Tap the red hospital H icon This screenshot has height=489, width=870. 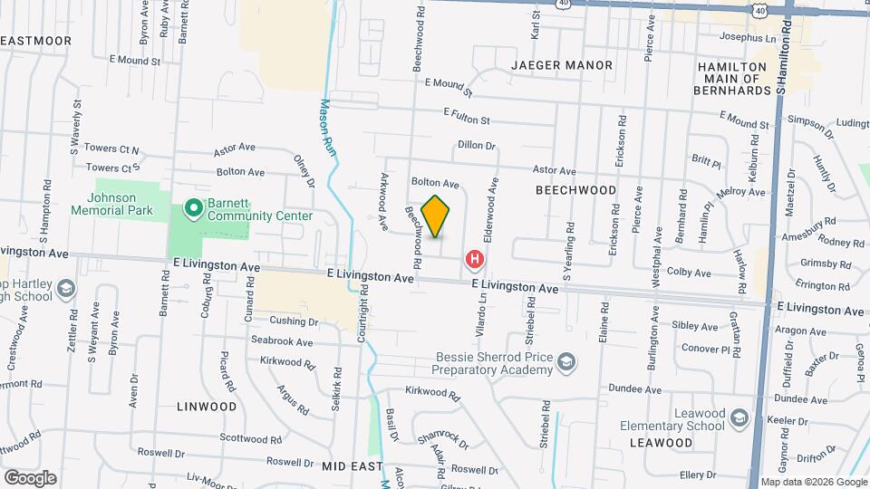click(x=474, y=261)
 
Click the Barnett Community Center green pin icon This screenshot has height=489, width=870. click(x=192, y=209)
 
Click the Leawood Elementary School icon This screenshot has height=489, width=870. click(x=739, y=418)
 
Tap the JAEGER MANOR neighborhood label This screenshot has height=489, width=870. click(x=562, y=65)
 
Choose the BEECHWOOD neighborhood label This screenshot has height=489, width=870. click(x=575, y=190)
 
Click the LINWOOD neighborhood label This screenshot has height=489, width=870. click(x=208, y=407)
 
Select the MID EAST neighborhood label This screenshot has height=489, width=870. click(x=348, y=465)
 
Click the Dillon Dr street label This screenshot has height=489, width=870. click(x=477, y=145)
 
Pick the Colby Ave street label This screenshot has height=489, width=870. click(x=686, y=272)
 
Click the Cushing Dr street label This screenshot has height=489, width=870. click(x=294, y=321)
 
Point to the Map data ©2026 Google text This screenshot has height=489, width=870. click(x=814, y=482)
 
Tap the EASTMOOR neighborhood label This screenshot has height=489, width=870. click(x=36, y=41)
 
